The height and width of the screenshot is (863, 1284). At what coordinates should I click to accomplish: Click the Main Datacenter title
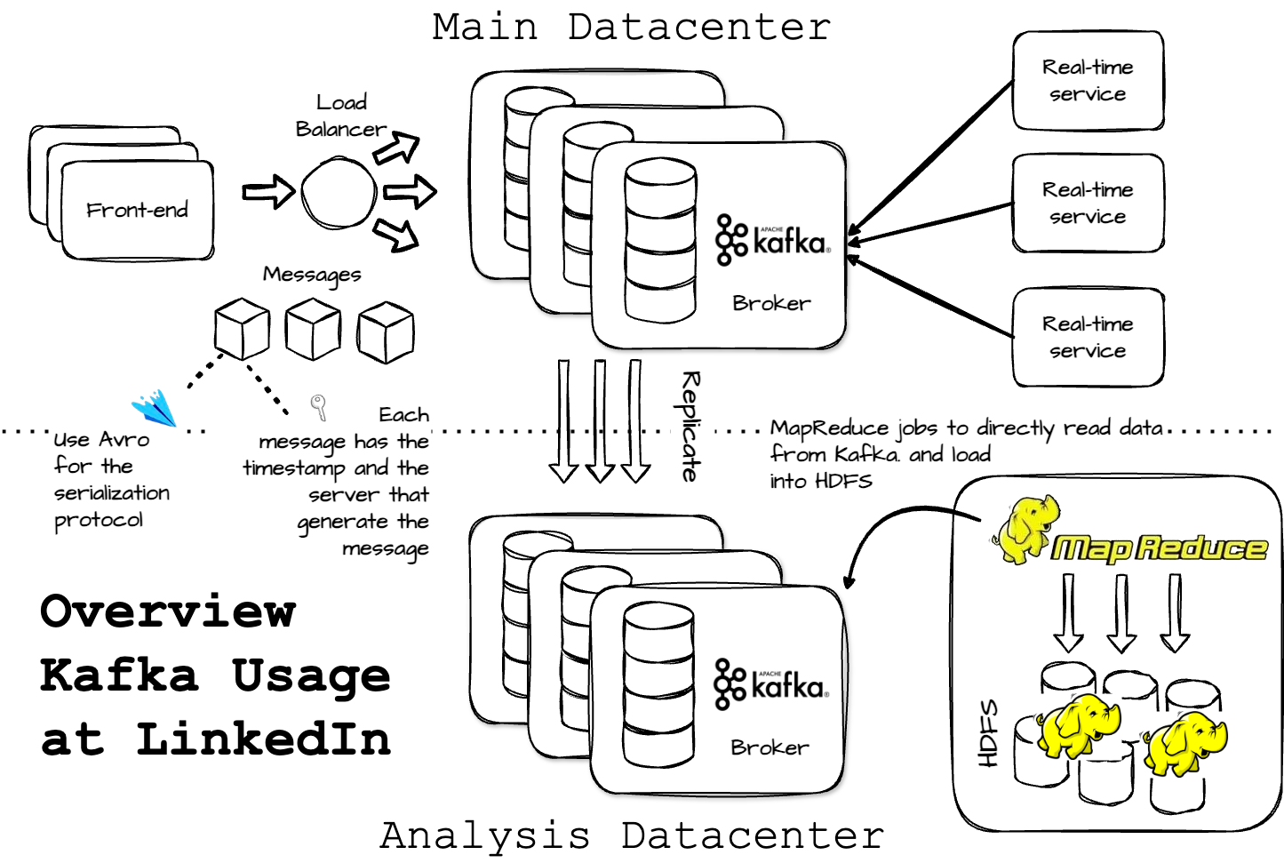coord(631,27)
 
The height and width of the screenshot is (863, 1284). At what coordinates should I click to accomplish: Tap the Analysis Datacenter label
coord(632,835)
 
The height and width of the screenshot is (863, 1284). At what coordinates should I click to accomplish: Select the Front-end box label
coord(137,211)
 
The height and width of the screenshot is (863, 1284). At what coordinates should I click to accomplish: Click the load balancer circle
coord(339,193)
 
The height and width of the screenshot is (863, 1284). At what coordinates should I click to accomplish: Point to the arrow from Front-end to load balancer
coord(267,192)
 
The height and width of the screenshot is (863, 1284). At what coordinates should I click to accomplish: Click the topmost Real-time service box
coord(1088,81)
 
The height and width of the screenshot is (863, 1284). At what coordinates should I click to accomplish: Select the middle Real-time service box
coord(1088,204)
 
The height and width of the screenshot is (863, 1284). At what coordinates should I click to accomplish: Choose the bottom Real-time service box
coord(1088,337)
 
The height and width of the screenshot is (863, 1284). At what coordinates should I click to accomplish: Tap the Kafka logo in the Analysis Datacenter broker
coord(770,684)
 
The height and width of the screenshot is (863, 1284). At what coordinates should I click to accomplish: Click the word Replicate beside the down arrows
coord(690,427)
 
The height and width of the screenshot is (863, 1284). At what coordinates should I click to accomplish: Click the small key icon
coord(318,407)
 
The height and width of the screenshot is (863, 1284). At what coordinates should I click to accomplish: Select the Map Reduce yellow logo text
coord(1158,547)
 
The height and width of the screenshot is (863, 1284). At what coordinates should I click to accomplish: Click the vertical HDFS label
coord(988,733)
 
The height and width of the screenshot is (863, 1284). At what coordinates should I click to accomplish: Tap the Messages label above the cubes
coord(312,275)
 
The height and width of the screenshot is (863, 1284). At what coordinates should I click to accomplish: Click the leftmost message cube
coord(242,328)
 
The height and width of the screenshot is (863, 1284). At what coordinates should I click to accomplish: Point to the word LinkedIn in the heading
coord(263,739)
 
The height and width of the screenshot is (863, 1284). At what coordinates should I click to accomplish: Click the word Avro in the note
coord(124,440)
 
